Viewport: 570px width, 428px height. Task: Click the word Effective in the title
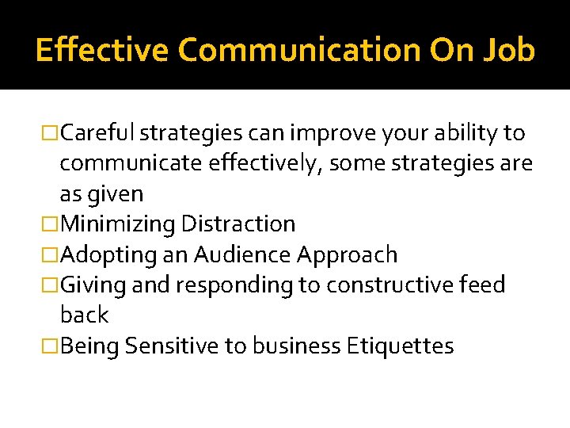tap(102, 50)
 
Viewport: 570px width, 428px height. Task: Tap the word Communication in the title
tap(299, 50)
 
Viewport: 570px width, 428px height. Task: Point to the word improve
tap(320, 133)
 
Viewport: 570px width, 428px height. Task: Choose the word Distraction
tap(238, 224)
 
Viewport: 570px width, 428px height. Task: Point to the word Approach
tap(348, 254)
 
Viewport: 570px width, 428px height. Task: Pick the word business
tap(303, 346)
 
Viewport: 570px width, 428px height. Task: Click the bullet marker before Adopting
tap(51, 255)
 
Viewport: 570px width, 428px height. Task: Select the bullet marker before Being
tap(51, 346)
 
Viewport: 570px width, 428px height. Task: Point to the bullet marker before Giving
tap(51, 285)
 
